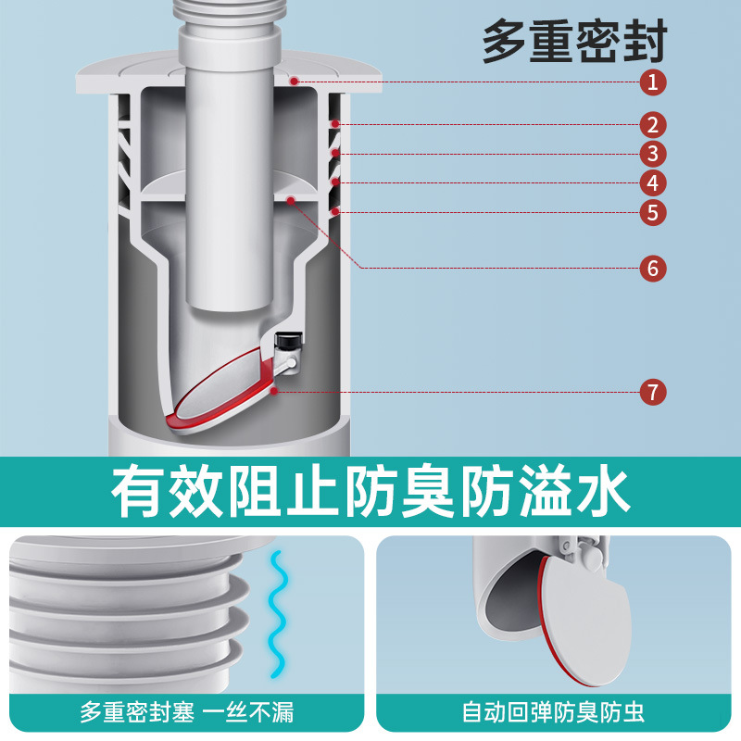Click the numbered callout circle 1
pos(653,82)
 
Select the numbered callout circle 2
pos(653,124)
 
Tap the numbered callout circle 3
pos(653,154)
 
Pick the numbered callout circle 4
pos(653,182)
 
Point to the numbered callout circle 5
pos(653,212)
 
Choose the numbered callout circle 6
pos(653,269)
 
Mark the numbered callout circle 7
pos(653,392)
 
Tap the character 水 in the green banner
pos(600,493)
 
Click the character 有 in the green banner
pos(141,493)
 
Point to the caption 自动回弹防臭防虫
pos(554,713)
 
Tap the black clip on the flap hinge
pos(290,340)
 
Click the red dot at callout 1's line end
pos(293,82)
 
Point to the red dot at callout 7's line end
pos(276,392)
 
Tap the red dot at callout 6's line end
pos(291,198)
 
